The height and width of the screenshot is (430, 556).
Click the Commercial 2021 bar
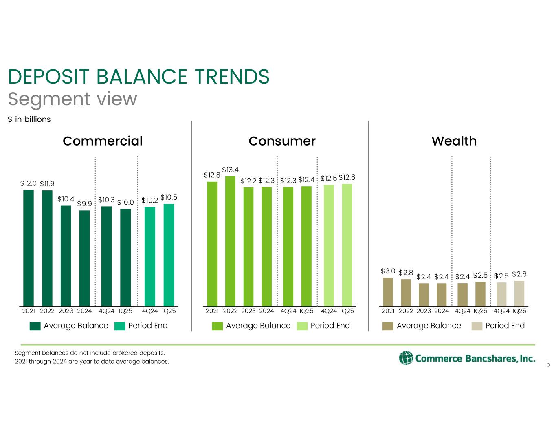click(x=29, y=247)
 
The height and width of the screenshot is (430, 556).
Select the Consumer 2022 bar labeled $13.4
click(x=230, y=241)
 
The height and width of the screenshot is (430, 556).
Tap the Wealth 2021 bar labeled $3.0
click(x=388, y=291)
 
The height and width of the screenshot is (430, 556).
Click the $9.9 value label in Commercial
click(x=84, y=204)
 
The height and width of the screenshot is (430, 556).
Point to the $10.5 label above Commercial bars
click(x=169, y=197)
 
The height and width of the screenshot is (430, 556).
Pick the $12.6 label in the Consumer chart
click(x=347, y=177)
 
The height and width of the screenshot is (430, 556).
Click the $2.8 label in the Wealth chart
click(x=406, y=273)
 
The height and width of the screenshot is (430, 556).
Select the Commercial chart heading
click(x=103, y=141)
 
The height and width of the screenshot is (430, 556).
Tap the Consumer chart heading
click(x=282, y=141)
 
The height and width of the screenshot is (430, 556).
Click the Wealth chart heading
click(x=454, y=141)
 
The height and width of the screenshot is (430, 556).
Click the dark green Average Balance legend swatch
click(x=35, y=326)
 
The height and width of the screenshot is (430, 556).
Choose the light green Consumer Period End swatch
click(x=302, y=326)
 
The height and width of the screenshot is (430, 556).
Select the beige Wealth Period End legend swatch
click(x=477, y=326)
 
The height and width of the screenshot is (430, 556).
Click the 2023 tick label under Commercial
click(x=66, y=311)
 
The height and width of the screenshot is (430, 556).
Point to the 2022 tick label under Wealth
click(x=406, y=311)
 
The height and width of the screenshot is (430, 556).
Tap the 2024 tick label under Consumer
click(x=266, y=311)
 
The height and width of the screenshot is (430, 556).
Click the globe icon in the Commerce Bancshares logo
click(x=406, y=357)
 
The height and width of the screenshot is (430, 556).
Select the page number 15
click(x=547, y=364)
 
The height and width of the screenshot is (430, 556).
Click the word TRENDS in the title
click(x=232, y=77)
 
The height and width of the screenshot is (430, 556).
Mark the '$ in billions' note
click(x=29, y=119)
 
